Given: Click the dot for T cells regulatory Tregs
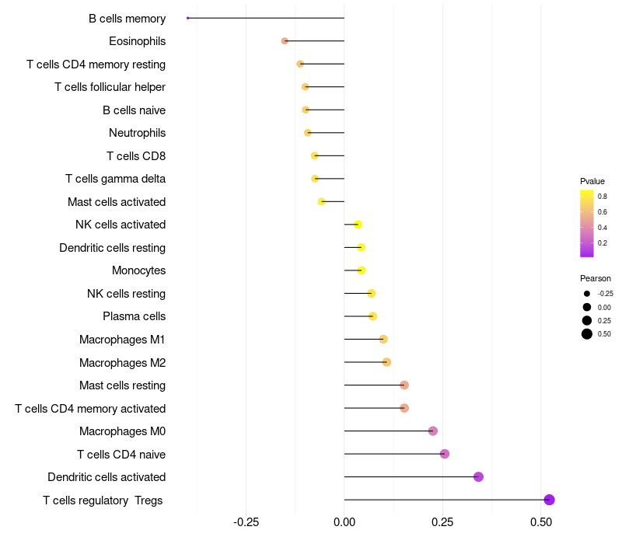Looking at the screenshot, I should tap(549, 500).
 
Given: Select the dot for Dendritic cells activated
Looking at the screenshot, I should tap(478, 477).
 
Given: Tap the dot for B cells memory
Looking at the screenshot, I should tap(188, 18).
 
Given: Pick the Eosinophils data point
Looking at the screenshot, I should tap(285, 40).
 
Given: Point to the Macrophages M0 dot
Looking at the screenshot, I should tap(433, 431).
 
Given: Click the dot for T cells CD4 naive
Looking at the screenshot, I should tap(445, 454).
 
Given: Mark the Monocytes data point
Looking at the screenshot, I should tap(361, 270).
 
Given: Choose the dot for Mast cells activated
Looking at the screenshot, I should tap(322, 202).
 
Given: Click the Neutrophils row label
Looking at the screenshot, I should tap(137, 133).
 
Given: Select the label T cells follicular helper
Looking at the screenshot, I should tap(110, 87).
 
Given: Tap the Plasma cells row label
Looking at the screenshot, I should tap(134, 316).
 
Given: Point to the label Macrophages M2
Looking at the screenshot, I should tap(122, 362).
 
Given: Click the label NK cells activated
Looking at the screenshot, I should tap(121, 225).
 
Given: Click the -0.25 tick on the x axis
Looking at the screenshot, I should tap(246, 521).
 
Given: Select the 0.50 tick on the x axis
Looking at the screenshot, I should tap(541, 521).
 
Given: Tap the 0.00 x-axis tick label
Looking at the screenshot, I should tap(344, 521).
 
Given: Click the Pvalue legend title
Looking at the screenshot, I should tap(592, 181).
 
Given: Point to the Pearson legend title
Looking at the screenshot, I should tap(596, 278).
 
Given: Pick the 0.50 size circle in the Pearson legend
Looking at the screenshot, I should tap(587, 334).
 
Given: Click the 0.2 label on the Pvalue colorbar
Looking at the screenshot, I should tap(603, 242).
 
